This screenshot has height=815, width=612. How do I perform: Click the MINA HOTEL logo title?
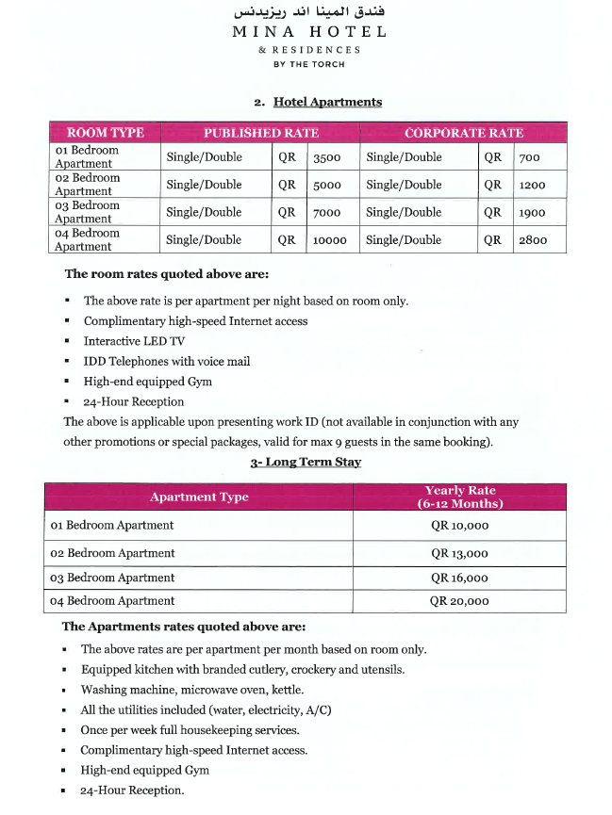(x=309, y=31)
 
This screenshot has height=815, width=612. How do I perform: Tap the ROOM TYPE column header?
(x=105, y=133)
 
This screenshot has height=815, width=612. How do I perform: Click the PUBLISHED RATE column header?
(x=261, y=133)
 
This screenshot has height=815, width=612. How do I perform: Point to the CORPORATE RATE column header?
(x=463, y=133)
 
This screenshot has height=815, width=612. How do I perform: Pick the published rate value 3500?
(x=327, y=158)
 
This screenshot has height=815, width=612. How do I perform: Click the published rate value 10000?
(x=329, y=240)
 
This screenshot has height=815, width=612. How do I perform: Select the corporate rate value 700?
(x=530, y=158)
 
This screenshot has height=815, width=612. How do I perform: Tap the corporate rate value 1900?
(x=533, y=213)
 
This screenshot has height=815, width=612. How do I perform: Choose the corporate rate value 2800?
(x=533, y=240)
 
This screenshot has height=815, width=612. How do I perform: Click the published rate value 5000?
(x=327, y=186)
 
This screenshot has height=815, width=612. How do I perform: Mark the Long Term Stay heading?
(x=306, y=463)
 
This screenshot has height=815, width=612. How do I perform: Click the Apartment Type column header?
(x=199, y=497)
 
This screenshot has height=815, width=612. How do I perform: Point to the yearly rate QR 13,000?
(x=459, y=553)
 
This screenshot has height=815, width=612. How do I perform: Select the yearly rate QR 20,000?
(x=459, y=600)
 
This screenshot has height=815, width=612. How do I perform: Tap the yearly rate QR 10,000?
(x=459, y=526)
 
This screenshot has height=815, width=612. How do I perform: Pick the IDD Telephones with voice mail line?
(x=166, y=361)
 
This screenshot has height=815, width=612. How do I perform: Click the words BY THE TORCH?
(x=309, y=65)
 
